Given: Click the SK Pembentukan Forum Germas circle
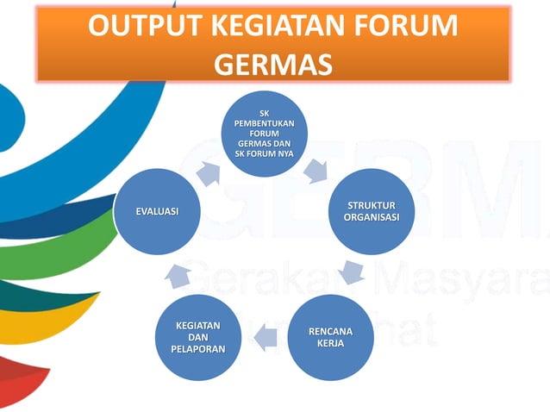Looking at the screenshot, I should click(x=265, y=134).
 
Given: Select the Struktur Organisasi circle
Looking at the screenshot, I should click(x=372, y=211).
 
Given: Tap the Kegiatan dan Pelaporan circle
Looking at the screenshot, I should click(x=198, y=337).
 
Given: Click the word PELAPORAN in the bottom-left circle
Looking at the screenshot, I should click(x=198, y=349).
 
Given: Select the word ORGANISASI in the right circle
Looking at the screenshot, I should click(x=372, y=217).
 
